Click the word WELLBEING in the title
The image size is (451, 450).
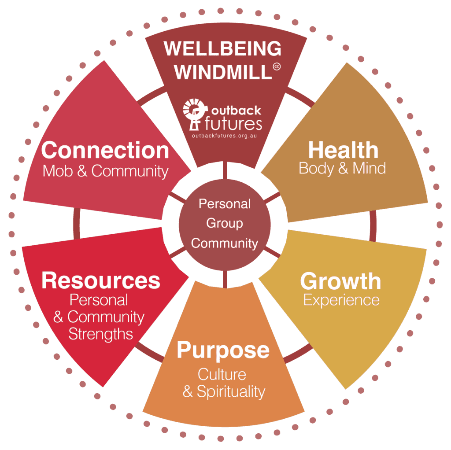click(x=222, y=48)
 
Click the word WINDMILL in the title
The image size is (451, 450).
click(x=223, y=72)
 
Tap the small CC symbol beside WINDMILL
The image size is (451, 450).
click(x=277, y=67)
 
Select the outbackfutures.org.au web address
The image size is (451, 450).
click(x=224, y=136)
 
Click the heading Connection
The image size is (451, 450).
click(x=105, y=150)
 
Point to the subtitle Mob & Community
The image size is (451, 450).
click(x=105, y=171)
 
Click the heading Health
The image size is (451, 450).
click(x=343, y=150)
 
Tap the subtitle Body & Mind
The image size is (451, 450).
click(x=342, y=168)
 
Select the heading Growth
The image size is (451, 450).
click(x=340, y=281)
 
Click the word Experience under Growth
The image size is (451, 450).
click(x=341, y=300)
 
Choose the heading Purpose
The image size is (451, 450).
click(x=223, y=350)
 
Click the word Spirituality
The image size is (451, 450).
click(x=231, y=391)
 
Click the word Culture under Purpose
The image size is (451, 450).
click(x=222, y=374)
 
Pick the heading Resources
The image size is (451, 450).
click(x=101, y=280)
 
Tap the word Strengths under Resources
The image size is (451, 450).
click(x=101, y=334)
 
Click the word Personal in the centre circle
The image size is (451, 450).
click(x=225, y=204)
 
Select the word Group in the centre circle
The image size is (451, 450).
click(x=225, y=223)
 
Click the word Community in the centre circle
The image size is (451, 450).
click(x=225, y=243)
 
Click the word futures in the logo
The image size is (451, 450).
click(x=233, y=124)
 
